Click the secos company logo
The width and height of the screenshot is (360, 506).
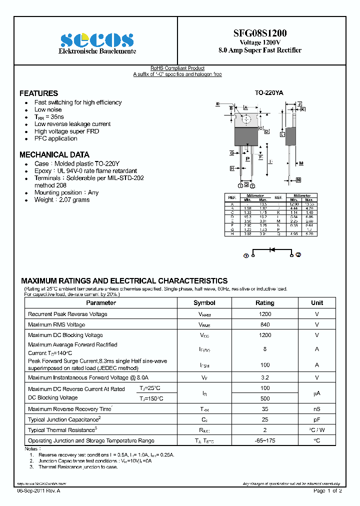97,40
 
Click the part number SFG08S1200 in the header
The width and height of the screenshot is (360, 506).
260,33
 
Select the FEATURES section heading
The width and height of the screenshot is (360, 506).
38,93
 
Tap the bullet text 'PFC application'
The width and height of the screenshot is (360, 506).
55,138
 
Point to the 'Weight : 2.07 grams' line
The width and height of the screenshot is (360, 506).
62,200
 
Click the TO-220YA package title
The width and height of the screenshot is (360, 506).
269,93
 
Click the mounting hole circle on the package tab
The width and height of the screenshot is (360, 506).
246,119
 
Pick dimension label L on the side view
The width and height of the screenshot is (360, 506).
282,134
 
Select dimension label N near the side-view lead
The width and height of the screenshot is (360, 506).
298,179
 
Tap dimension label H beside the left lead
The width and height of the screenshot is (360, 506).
232,168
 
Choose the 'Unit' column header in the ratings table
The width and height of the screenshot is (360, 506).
317,303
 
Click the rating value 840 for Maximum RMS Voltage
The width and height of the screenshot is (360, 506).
264,324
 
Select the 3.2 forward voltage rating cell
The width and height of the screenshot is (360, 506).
264,377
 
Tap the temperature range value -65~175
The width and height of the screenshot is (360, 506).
264,440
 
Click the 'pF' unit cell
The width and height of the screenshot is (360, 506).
317,419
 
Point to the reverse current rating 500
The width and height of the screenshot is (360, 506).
264,398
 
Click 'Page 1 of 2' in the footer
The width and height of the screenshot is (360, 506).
327,491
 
